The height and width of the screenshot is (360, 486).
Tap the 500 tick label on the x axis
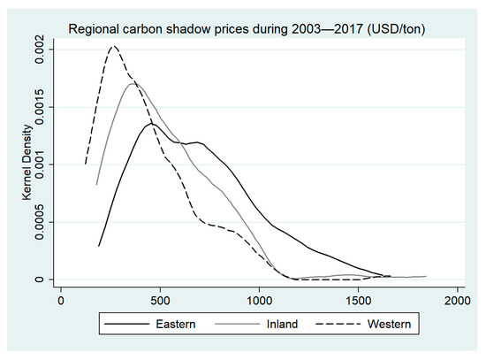point(160,300)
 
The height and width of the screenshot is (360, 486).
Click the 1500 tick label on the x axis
point(359,300)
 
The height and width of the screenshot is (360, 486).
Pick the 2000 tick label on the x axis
point(458,300)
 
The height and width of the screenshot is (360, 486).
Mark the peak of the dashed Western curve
point(113,46)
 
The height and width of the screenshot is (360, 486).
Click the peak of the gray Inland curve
point(133,83)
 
